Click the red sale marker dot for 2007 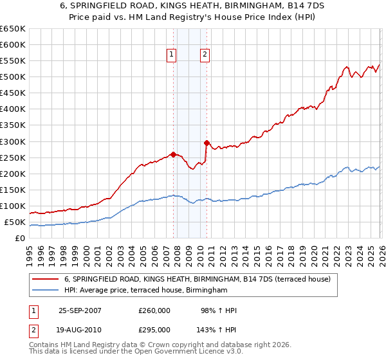[173, 154]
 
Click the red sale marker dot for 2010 [207, 143]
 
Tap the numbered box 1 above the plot [172, 55]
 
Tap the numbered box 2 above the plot [205, 55]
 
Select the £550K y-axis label [13, 61]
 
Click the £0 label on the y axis [19, 239]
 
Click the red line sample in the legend [46, 279]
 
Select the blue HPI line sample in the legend [46, 291]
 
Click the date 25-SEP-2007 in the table [80, 310]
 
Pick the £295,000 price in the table [154, 329]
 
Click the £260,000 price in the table [154, 310]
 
